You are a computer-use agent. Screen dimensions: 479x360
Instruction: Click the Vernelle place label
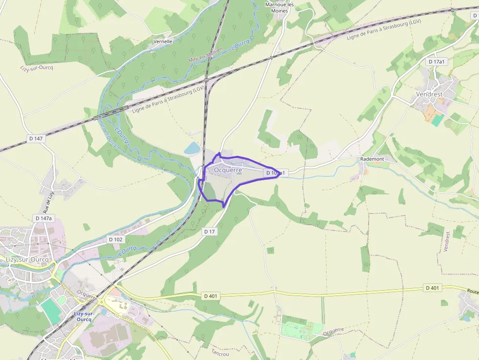[x=163, y=42]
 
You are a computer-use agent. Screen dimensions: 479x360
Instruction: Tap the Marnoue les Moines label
[x=280, y=7]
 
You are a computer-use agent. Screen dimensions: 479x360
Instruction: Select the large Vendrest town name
[x=429, y=94]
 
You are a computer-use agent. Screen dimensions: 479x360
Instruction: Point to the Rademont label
[x=371, y=159]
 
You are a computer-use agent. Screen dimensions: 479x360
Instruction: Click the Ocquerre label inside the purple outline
[x=228, y=170]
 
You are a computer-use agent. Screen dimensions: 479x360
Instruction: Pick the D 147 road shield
[x=36, y=139]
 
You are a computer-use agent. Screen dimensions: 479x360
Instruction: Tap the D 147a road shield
[x=44, y=218]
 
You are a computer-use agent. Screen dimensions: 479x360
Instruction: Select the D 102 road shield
[x=115, y=239]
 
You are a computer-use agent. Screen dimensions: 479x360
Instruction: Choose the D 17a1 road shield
[x=436, y=62]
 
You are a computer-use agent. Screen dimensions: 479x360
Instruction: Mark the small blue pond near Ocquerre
[x=192, y=148]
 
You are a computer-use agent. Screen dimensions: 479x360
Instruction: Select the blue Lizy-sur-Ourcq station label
[x=84, y=316]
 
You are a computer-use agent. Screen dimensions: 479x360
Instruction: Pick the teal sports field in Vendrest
[x=438, y=120]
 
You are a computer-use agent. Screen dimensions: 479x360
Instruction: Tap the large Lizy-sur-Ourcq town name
[x=27, y=259]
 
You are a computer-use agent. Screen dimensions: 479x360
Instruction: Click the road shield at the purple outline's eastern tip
[x=276, y=173]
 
